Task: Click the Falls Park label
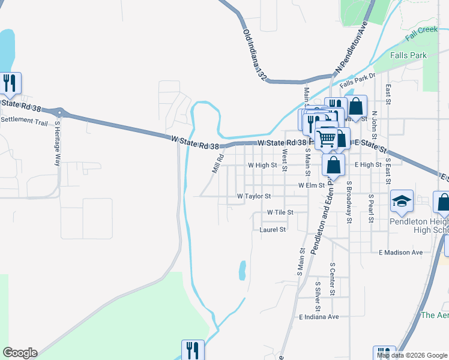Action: (408, 55)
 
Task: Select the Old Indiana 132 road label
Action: (255, 55)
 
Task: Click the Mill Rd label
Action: (218, 163)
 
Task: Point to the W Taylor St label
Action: (254, 196)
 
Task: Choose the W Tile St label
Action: (280, 212)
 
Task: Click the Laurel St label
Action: (273, 229)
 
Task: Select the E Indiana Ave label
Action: (319, 316)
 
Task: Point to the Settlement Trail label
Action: (24, 121)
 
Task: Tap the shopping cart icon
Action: (327, 137)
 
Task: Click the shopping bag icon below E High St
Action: (334, 164)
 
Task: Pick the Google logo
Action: (20, 353)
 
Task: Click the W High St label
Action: (262, 164)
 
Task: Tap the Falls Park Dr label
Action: (357, 80)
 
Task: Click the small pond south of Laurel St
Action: (242, 270)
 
